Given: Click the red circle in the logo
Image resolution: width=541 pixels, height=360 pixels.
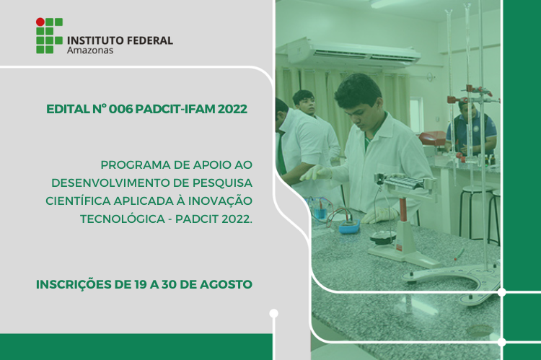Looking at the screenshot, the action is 40,22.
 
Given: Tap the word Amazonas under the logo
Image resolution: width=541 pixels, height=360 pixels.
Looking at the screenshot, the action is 90,51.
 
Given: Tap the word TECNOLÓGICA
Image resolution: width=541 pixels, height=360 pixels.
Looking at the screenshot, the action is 123,219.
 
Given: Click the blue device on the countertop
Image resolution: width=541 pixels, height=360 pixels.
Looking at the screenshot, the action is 349,227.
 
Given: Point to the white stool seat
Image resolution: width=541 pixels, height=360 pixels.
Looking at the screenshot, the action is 477,189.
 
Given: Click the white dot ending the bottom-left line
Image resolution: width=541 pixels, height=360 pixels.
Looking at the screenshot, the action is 273,313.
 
